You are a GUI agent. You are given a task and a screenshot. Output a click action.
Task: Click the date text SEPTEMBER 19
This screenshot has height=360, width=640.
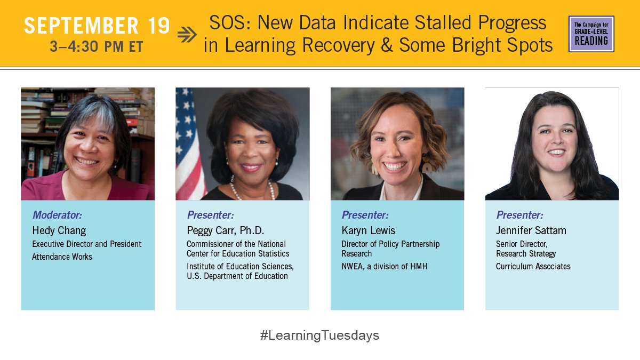[97, 26]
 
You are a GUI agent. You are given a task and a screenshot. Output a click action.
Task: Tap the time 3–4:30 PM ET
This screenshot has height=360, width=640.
[97, 46]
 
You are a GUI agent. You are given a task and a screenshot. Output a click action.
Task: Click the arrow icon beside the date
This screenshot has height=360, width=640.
[187, 35]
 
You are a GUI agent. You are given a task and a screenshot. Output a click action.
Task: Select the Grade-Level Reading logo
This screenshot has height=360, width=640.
[591, 34]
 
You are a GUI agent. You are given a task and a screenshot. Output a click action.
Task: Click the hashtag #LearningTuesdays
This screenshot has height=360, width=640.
[319, 335]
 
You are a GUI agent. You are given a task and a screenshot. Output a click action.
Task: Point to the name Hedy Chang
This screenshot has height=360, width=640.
[59, 230]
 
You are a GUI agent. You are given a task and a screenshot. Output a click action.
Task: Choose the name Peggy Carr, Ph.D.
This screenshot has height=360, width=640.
[225, 230]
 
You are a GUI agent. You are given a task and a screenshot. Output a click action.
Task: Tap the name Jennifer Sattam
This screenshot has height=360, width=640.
[531, 230]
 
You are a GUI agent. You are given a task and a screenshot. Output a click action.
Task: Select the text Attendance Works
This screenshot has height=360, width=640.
[62, 257]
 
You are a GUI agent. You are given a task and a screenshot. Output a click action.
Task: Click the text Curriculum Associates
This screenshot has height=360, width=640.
[533, 266]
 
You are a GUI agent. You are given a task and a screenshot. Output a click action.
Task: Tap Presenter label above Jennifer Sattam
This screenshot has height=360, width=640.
[519, 215]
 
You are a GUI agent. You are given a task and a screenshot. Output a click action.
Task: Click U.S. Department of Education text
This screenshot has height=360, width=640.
[237, 276]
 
